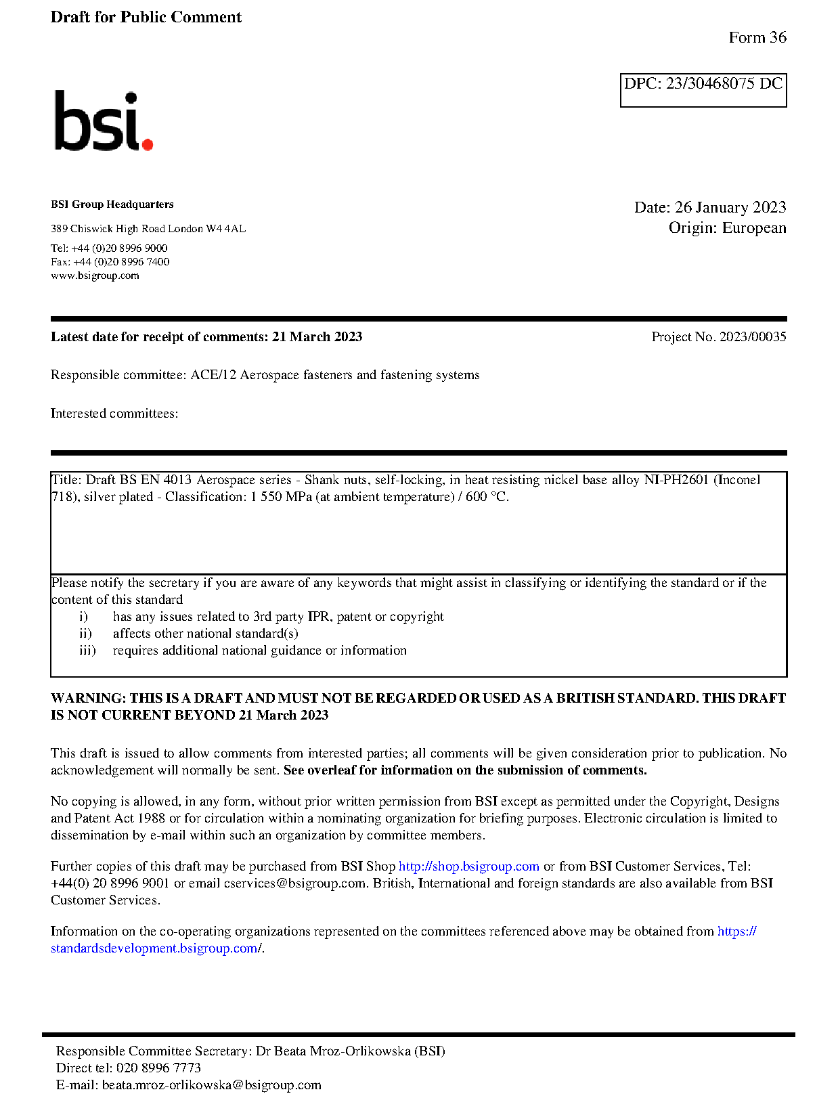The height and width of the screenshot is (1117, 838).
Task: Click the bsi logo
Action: (x=103, y=121)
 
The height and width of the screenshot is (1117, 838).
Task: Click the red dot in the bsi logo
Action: (x=147, y=144)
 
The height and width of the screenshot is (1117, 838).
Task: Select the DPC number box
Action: (x=703, y=90)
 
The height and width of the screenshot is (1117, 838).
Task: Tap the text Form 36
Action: (x=757, y=38)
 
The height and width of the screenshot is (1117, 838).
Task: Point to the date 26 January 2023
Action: (x=730, y=207)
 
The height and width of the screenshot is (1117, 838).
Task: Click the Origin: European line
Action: (x=727, y=227)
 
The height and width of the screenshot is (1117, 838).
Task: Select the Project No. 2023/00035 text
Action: (x=719, y=337)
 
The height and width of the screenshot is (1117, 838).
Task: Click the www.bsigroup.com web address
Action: (x=95, y=276)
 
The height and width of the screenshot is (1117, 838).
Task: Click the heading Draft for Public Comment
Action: (x=146, y=17)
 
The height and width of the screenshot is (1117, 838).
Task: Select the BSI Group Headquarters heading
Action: (x=112, y=204)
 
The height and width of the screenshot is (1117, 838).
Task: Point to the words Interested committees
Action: (x=114, y=414)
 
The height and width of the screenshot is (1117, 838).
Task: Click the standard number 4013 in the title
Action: (x=177, y=480)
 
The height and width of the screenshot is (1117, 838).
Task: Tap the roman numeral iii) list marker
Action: (x=87, y=651)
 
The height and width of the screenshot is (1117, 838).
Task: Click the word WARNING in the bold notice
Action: (x=88, y=699)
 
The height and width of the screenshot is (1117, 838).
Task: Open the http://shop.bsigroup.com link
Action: (x=468, y=867)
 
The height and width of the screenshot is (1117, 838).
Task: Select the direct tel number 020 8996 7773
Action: (x=158, y=1068)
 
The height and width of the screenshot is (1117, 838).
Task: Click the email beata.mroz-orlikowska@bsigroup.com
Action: (x=211, y=1085)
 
